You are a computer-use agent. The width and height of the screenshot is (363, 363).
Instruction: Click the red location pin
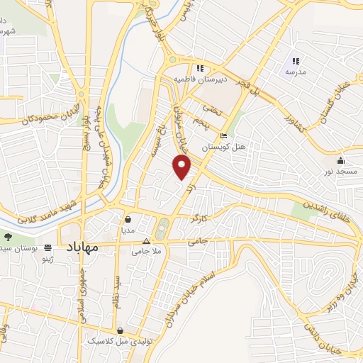click(183, 167)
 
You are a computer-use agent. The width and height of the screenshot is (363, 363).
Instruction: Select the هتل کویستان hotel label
click(223, 147)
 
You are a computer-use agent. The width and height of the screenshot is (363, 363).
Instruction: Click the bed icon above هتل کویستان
click(224, 136)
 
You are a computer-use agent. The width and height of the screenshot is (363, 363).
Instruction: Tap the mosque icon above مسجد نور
click(340, 160)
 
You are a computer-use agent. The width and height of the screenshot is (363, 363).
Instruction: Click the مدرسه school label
click(295, 72)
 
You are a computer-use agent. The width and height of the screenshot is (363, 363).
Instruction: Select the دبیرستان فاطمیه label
click(201, 79)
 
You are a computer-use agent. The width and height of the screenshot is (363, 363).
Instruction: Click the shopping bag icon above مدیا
click(127, 219)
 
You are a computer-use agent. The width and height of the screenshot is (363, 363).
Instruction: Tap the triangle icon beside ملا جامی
click(146, 240)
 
